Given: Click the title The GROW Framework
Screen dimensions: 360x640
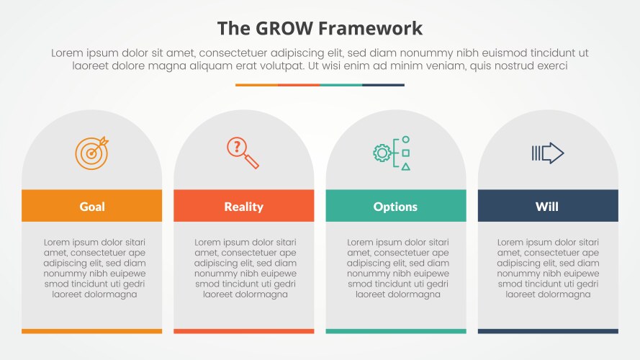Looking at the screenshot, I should click(320, 29).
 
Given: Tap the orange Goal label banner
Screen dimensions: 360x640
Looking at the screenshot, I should click(92, 206).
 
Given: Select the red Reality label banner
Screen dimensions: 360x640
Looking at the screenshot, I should click(244, 206).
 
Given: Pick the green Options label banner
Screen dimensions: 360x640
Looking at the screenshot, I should click(396, 206).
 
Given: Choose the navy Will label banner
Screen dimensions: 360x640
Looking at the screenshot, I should click(548, 206).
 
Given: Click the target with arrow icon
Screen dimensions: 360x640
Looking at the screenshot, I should click(91, 152).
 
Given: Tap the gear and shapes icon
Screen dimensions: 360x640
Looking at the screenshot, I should click(392, 153).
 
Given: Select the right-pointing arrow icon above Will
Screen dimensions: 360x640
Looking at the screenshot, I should click(547, 153).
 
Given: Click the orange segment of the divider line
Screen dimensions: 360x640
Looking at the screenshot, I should click(256, 85).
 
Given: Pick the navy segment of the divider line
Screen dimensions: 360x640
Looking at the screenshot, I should click(383, 85).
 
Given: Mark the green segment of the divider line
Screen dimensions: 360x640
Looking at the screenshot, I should click(341, 85).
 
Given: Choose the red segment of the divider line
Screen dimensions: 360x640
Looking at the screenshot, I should click(299, 85).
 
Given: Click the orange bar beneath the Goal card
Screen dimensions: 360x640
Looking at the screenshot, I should click(92, 331).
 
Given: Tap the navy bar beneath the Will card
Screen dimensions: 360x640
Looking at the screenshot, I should click(548, 331).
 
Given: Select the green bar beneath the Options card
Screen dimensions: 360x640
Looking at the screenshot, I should click(396, 331).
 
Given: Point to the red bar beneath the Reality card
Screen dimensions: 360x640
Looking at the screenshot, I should click(244, 331).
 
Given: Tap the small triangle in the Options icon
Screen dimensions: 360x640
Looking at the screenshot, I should click(406, 166).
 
